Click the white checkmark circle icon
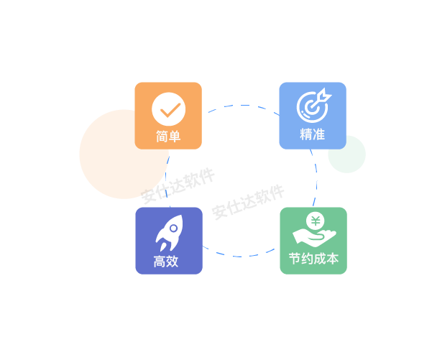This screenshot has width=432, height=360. click(x=169, y=110)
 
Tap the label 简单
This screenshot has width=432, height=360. click(x=168, y=136)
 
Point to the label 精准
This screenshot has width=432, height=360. click(x=313, y=134)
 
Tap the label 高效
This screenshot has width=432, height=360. click(x=166, y=262)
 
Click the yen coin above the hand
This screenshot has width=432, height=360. click(x=314, y=221)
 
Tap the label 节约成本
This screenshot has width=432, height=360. click(x=313, y=259)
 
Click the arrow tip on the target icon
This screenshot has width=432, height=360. click(x=325, y=93)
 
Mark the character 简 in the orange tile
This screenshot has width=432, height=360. click(x=162, y=136)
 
